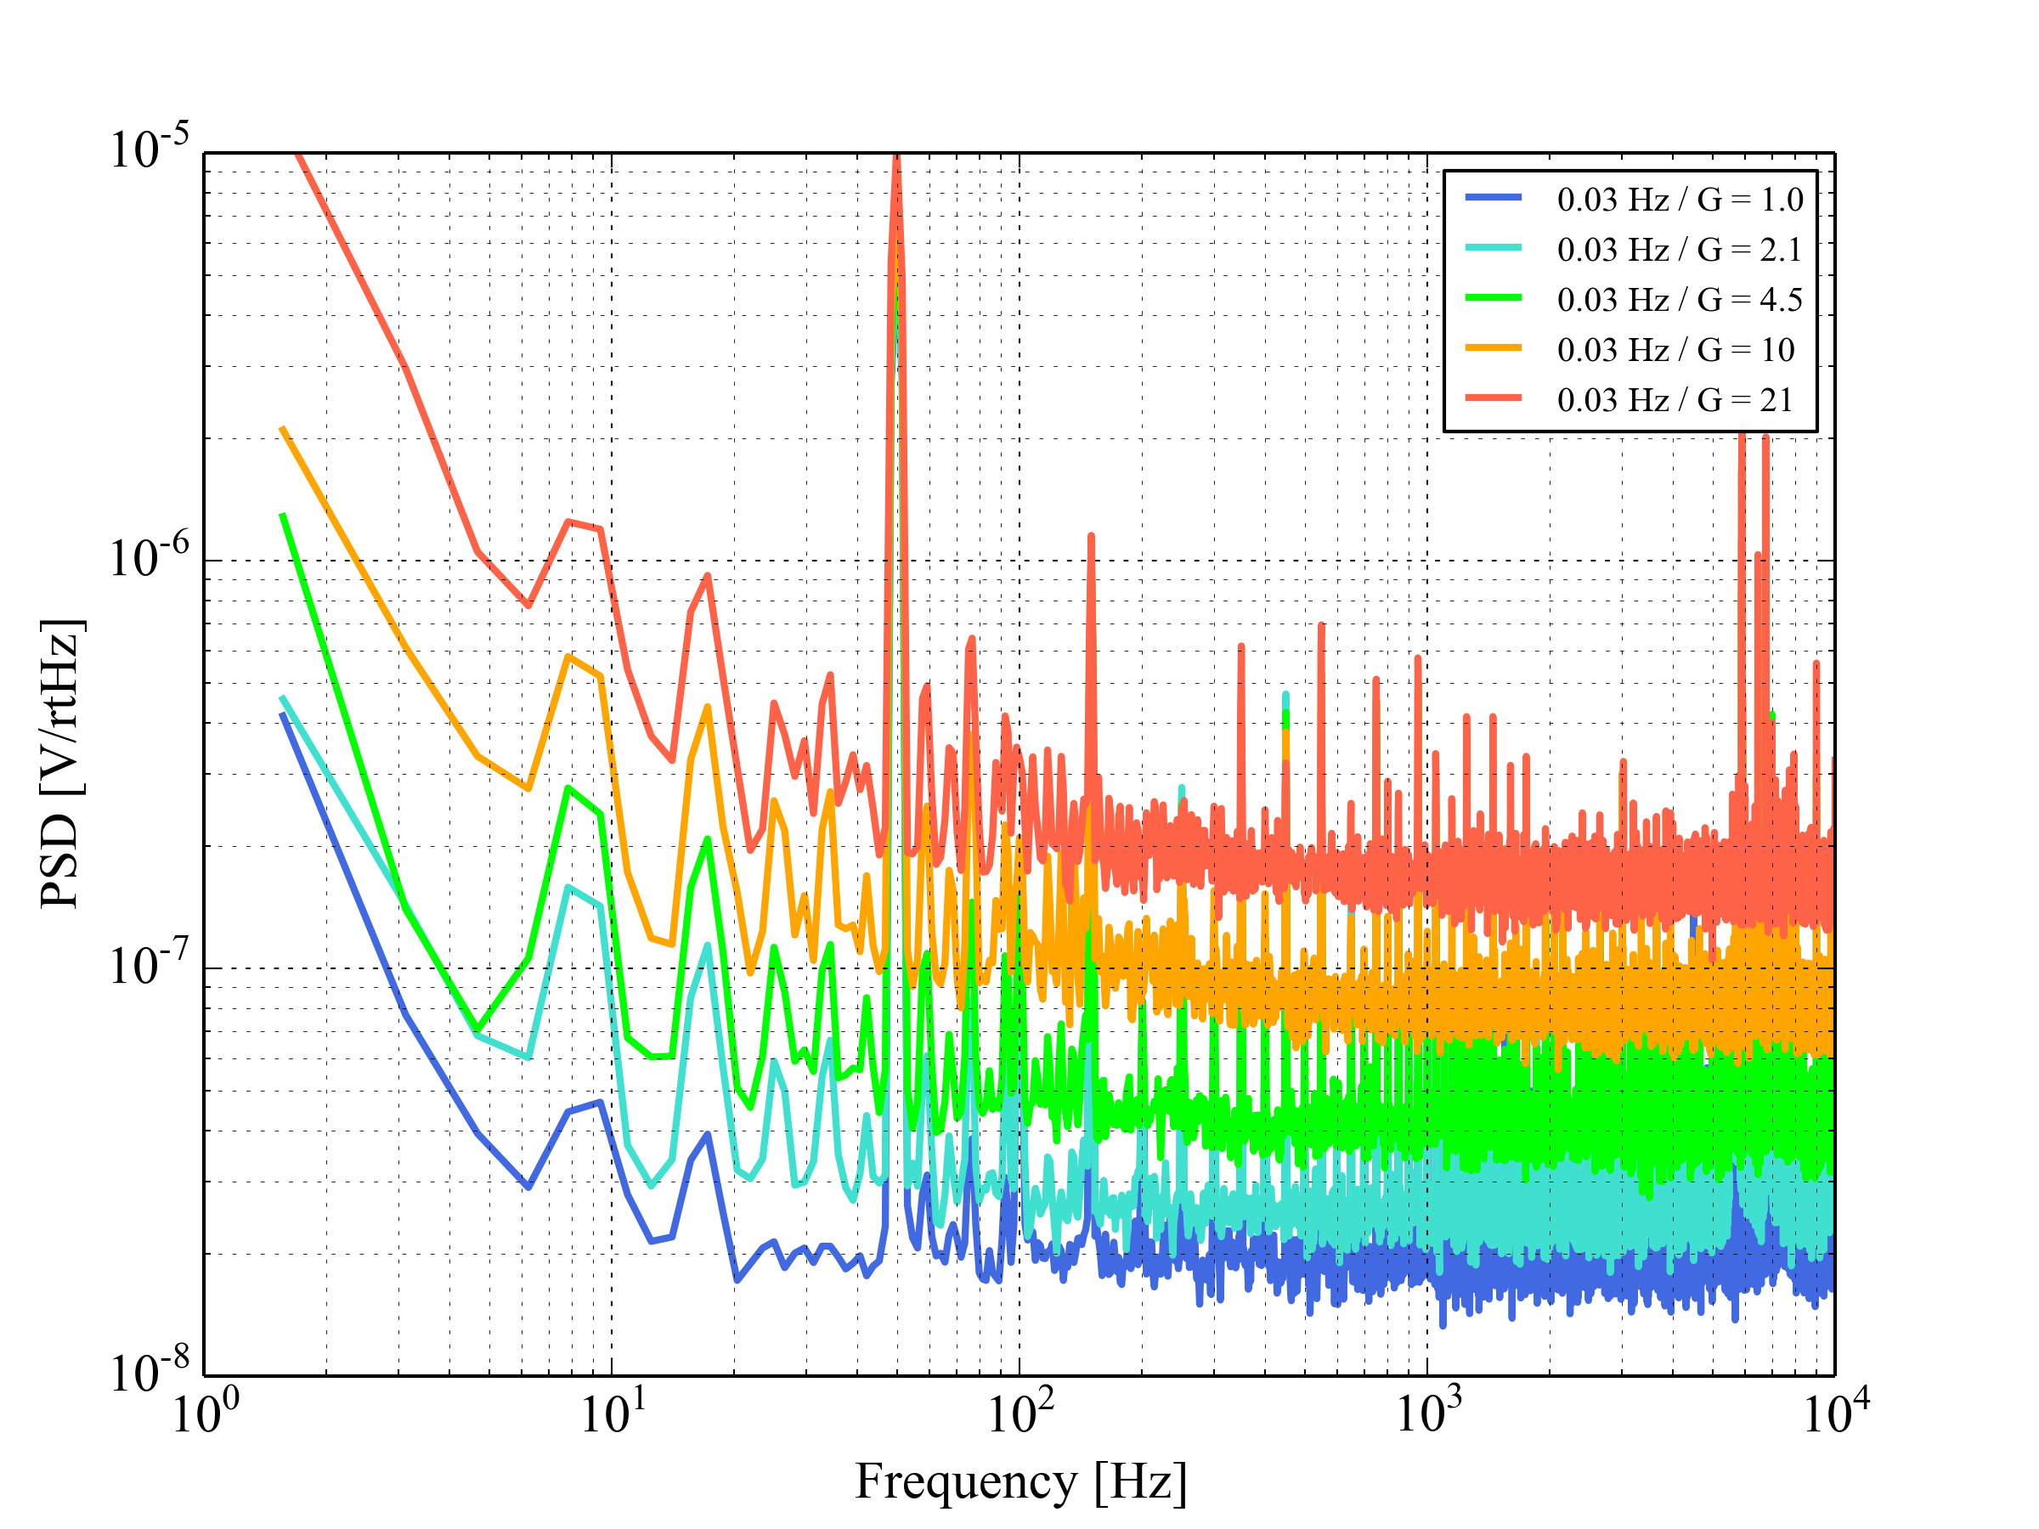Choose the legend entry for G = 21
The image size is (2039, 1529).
(1675, 400)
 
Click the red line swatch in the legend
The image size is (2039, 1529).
(1494, 398)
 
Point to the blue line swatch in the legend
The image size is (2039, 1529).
(1494, 197)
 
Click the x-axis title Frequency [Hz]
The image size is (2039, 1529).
(1020, 1482)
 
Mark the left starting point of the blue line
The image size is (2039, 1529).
(282, 714)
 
